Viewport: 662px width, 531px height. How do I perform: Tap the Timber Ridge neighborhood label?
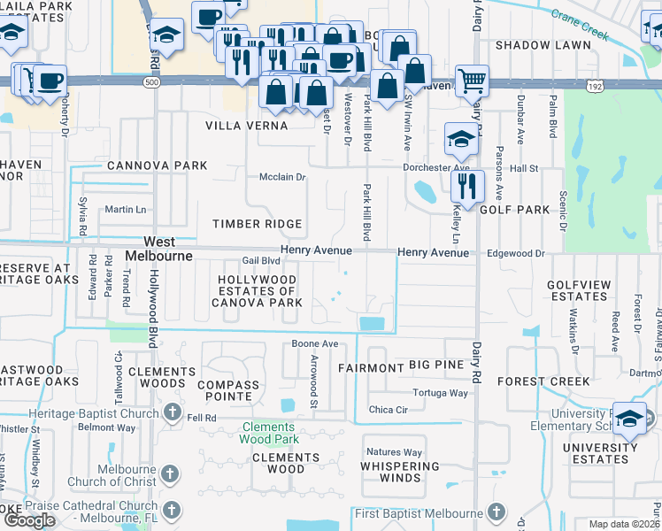point(257,225)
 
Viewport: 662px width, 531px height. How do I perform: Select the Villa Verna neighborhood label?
point(247,126)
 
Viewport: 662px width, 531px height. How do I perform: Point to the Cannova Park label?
point(158,165)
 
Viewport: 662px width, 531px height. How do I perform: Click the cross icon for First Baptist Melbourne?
point(496,512)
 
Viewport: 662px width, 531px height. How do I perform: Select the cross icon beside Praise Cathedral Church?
point(172,510)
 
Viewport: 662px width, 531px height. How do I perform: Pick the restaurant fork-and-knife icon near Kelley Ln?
point(467,186)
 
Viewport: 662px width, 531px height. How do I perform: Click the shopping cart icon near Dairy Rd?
point(472,81)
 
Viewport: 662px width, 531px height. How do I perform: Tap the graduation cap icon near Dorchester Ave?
point(460,138)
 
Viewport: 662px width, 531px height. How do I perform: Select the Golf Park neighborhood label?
point(515,210)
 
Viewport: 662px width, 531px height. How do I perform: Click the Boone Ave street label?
point(316,343)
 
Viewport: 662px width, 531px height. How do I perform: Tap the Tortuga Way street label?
point(440,393)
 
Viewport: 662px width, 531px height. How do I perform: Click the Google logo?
point(29,520)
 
